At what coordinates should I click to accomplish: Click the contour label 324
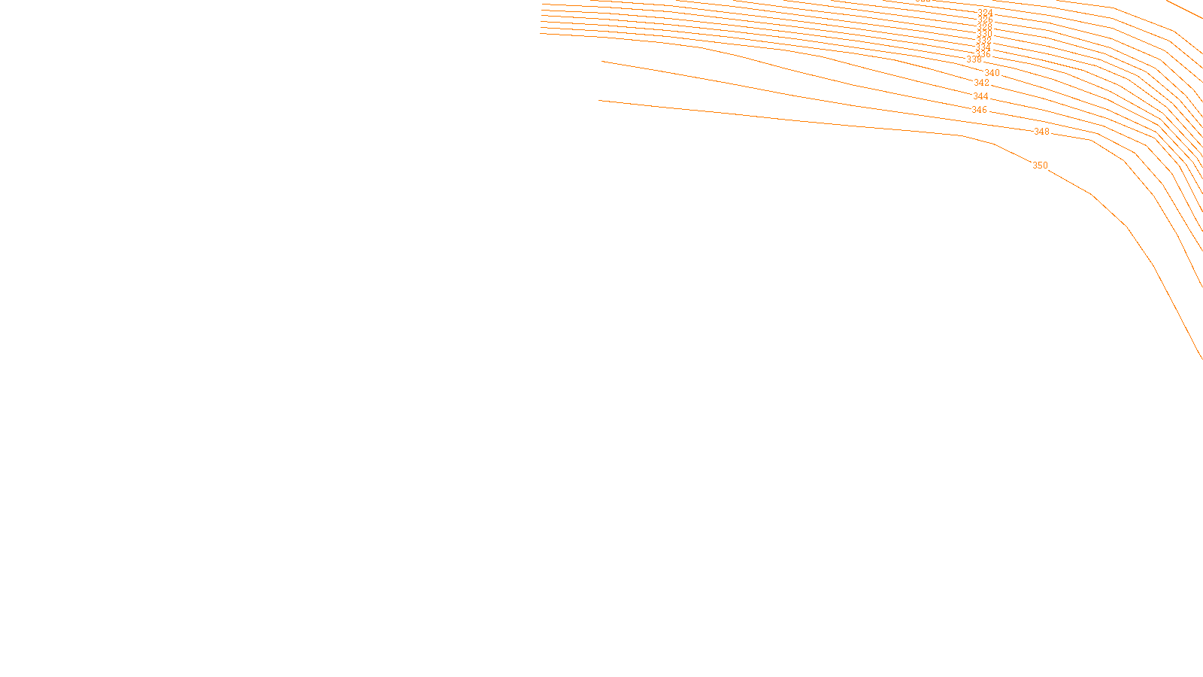985,13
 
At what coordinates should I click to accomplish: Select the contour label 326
985,20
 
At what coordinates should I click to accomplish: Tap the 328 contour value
985,27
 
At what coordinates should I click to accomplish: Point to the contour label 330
985,35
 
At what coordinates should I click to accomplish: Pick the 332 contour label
983,41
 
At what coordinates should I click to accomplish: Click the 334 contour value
983,47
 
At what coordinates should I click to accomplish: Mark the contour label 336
983,54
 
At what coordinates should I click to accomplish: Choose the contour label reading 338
974,59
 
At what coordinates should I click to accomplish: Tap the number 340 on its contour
992,73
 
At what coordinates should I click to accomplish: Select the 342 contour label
982,83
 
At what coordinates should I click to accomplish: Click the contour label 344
981,96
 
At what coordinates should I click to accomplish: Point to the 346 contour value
979,110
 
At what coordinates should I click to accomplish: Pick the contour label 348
1041,132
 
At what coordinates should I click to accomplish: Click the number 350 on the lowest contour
1040,165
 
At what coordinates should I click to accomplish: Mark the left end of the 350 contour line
599,100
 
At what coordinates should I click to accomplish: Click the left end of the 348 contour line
602,62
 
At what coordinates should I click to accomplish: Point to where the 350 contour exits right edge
1201,358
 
